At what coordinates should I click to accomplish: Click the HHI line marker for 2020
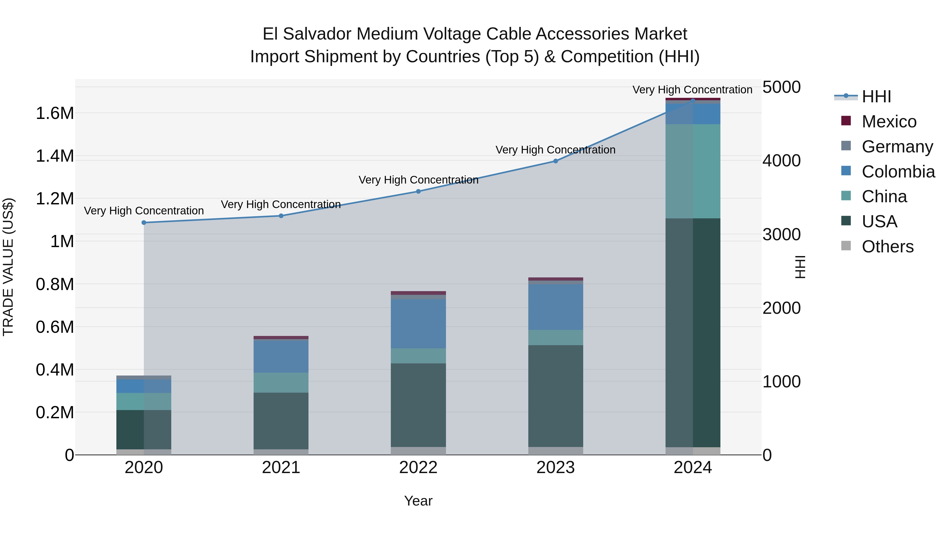pyautogui.click(x=144, y=223)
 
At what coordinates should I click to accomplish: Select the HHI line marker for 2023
pyautogui.click(x=555, y=161)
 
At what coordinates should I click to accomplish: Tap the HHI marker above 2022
pyautogui.click(x=418, y=191)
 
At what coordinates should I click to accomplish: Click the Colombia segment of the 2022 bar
pyautogui.click(x=418, y=324)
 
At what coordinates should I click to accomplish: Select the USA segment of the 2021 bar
pyautogui.click(x=281, y=421)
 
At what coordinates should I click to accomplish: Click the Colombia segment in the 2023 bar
pyautogui.click(x=555, y=307)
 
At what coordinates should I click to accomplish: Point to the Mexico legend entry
pyautogui.click(x=889, y=122)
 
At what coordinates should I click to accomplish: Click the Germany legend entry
pyautogui.click(x=897, y=147)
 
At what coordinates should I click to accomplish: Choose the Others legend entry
pyautogui.click(x=887, y=247)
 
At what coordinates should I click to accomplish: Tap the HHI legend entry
pyautogui.click(x=876, y=97)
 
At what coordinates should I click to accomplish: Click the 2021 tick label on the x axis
pyautogui.click(x=281, y=468)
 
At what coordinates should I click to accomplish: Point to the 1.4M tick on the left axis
pyautogui.click(x=55, y=156)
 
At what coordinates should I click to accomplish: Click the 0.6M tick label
pyautogui.click(x=55, y=327)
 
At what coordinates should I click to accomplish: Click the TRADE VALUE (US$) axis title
pyautogui.click(x=8, y=267)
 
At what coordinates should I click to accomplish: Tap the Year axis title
pyautogui.click(x=418, y=501)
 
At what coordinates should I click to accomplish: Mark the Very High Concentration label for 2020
pyautogui.click(x=144, y=211)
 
